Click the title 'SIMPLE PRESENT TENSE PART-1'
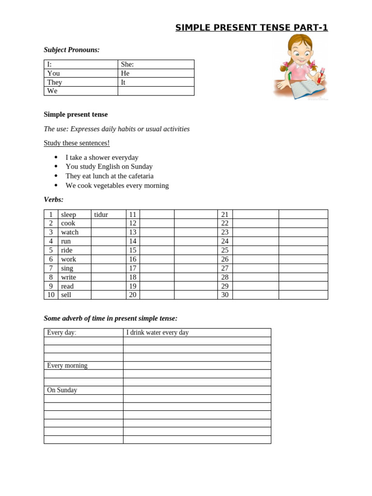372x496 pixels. point(251,28)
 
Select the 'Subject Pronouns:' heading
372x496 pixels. point(72,50)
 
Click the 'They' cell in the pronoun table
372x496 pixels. point(54,82)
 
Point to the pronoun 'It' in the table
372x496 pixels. point(124,82)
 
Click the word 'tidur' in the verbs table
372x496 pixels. point(101,215)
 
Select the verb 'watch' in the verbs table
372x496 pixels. point(70,232)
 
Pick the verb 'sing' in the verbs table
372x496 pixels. point(67,268)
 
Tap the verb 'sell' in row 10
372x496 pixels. point(66,294)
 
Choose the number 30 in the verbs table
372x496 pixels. point(225,294)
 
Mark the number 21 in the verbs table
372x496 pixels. point(225,215)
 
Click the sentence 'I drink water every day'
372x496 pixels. point(157,332)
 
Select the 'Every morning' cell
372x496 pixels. point(67,365)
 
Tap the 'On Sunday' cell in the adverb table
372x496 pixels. point(62,390)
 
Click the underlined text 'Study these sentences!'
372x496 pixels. point(77,143)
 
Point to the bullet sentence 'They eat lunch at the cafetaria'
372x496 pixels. point(109,176)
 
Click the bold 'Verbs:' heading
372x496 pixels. point(54,200)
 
